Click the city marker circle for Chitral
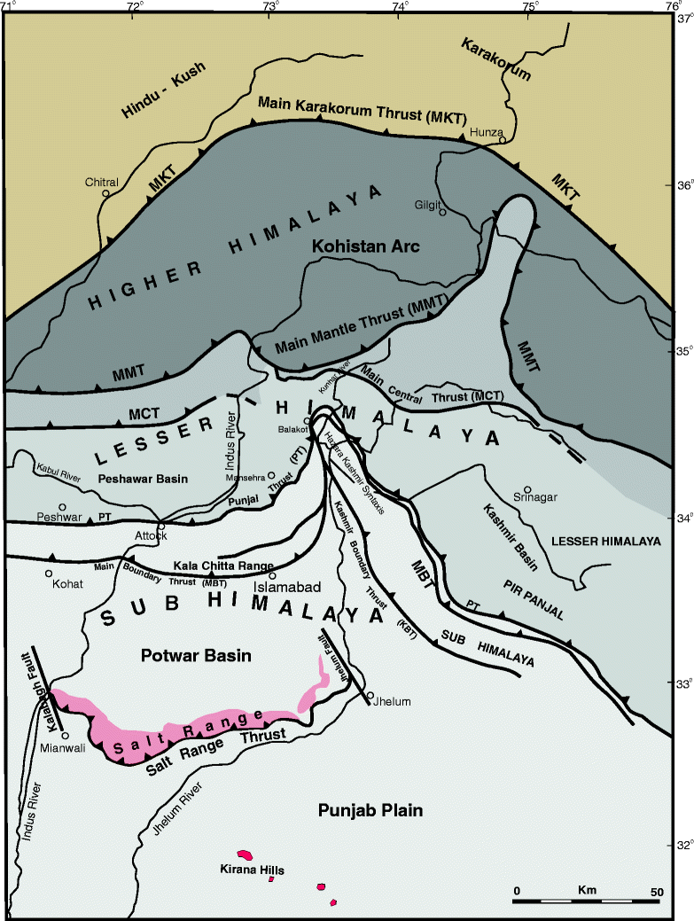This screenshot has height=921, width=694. pyautogui.click(x=106, y=193)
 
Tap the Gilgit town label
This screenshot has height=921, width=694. pyautogui.click(x=427, y=203)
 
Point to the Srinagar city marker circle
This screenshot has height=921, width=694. pyautogui.click(x=527, y=488)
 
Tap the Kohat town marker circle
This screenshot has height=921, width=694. pyautogui.click(x=49, y=574)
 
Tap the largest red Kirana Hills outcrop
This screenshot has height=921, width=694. pyautogui.click(x=246, y=855)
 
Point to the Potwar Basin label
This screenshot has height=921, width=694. pyautogui.click(x=197, y=656)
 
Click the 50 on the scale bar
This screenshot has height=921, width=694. pyautogui.click(x=657, y=890)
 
